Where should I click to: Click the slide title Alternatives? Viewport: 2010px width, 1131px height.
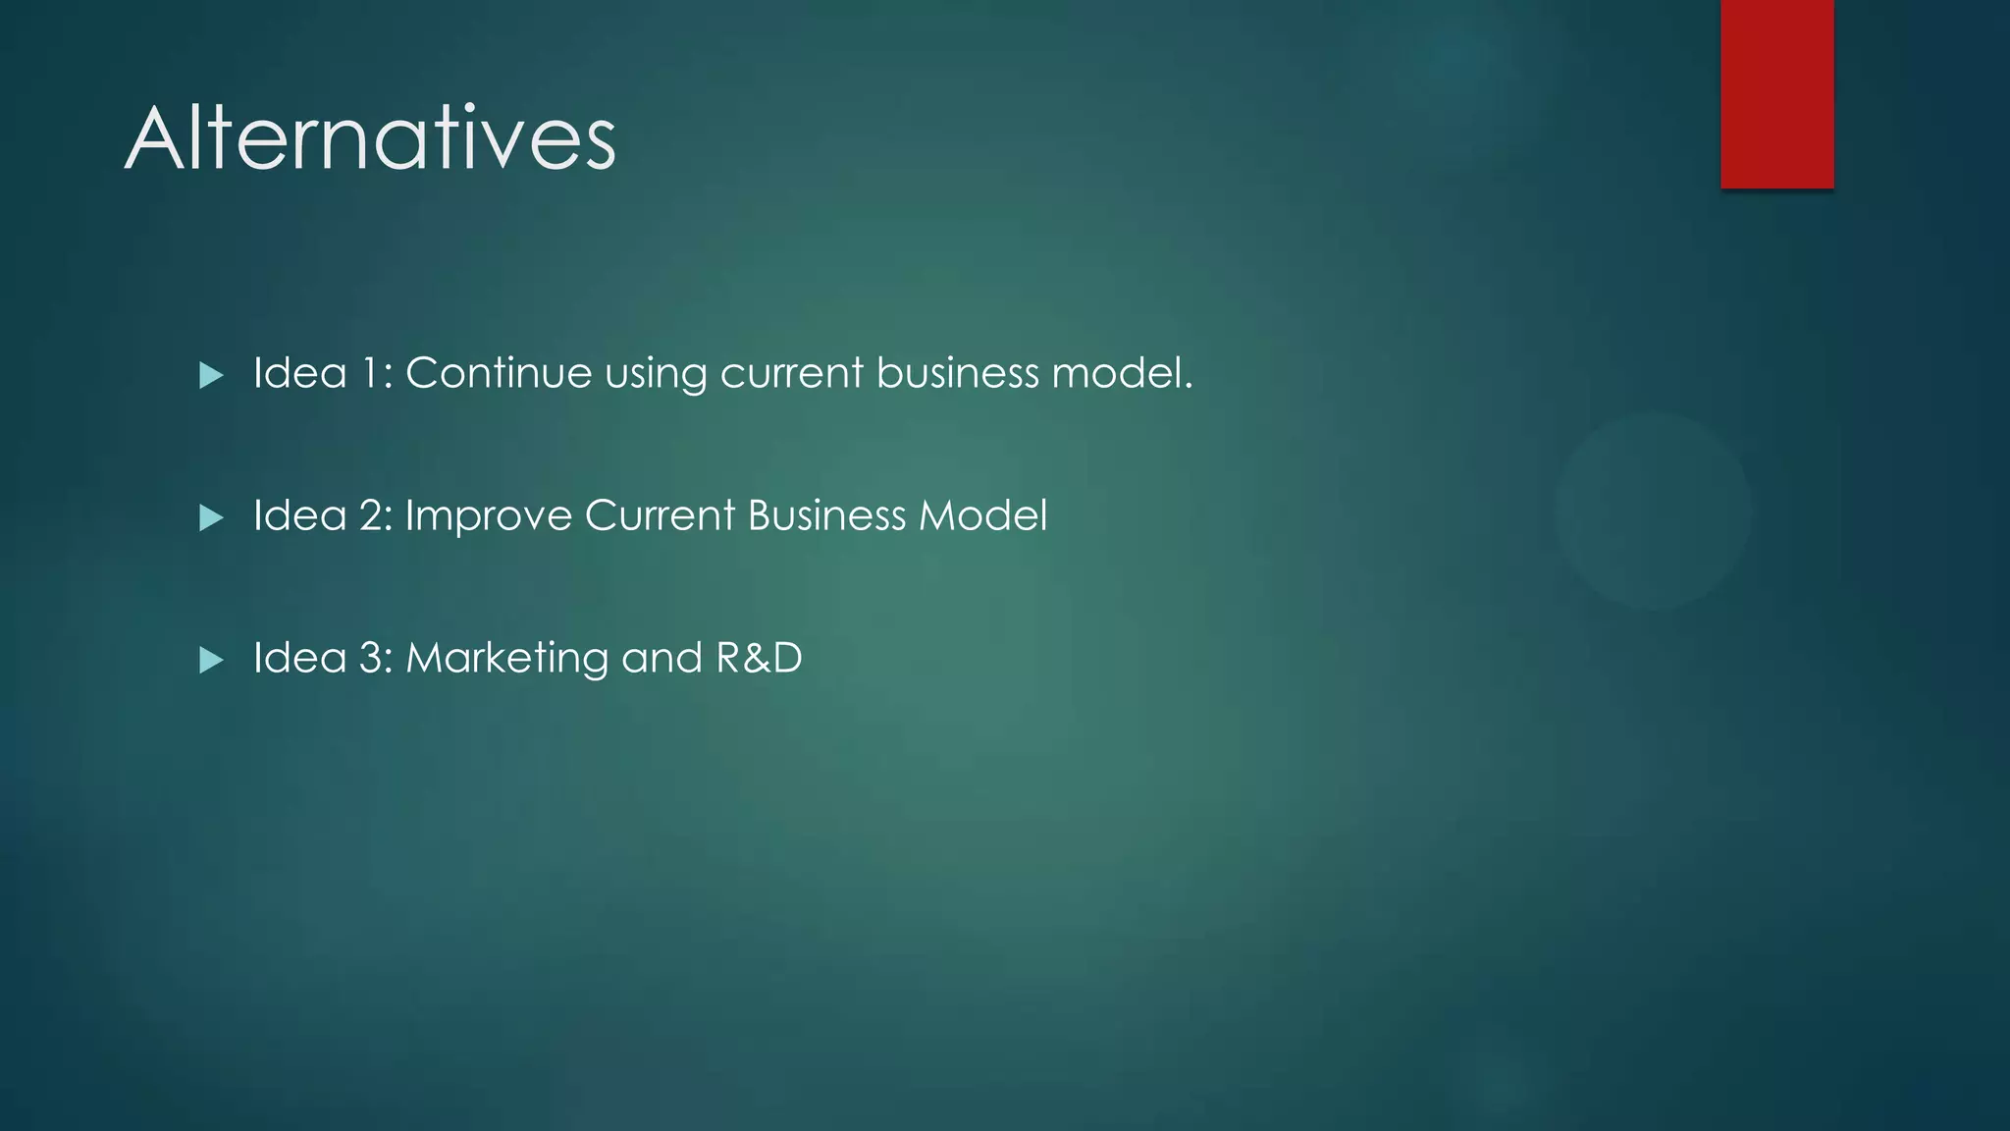(370, 138)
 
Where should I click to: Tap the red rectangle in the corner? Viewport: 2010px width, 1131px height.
(1776, 93)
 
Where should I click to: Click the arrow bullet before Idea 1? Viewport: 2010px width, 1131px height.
(211, 375)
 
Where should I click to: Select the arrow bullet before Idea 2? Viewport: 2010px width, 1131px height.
(211, 517)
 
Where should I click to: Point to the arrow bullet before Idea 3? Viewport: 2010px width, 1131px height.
(211, 660)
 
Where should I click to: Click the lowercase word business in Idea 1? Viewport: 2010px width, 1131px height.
(957, 373)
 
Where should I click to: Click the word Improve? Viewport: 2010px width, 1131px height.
(488, 516)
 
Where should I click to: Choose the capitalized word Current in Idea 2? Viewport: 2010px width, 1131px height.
(660, 515)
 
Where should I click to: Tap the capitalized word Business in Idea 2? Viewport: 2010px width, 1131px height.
(826, 515)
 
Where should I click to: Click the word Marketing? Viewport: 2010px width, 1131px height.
(507, 659)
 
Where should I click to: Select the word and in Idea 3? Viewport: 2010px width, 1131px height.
(661, 658)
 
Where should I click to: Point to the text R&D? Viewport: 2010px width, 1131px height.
(759, 658)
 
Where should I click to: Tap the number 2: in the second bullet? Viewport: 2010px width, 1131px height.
(376, 515)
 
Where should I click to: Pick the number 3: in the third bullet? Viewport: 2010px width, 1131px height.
(376, 658)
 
